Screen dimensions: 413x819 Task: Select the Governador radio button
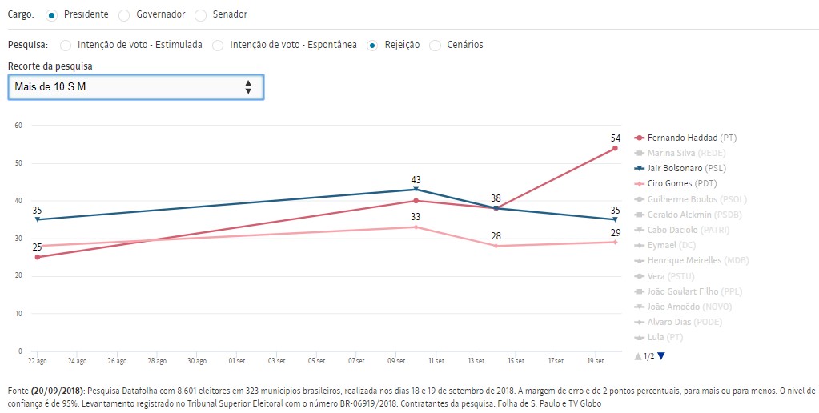123,14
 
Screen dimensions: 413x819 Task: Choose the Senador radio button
200,14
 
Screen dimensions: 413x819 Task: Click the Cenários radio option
436,45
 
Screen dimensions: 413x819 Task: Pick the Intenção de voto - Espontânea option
218,45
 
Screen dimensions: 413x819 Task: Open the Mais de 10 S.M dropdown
135,86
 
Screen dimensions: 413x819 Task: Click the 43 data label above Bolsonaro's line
416,180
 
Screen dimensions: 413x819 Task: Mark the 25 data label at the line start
37,247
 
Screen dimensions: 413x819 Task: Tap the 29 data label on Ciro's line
614,232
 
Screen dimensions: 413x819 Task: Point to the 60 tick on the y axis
18,125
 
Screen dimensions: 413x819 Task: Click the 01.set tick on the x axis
237,361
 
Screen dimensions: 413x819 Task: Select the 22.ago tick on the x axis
37,361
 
